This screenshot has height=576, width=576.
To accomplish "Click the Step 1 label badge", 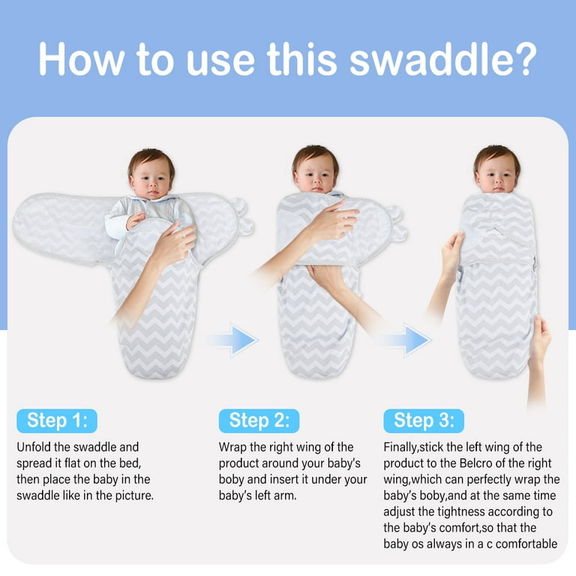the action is tap(57, 421).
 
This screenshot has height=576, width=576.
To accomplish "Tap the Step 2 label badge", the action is tap(259, 421).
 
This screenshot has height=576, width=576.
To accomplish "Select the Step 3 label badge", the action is tap(424, 421).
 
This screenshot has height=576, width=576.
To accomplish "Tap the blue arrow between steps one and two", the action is tap(233, 340).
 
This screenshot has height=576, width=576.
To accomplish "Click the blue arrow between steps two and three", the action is tap(406, 340).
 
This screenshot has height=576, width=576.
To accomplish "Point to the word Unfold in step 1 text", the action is tap(34, 447).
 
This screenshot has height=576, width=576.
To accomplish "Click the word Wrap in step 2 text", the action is tap(232, 448).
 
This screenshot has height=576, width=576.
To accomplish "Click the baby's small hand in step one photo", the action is tap(135, 220).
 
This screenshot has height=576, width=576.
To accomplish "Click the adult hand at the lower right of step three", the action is tap(538, 342).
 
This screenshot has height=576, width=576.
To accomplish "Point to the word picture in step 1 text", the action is tap(134, 496).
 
